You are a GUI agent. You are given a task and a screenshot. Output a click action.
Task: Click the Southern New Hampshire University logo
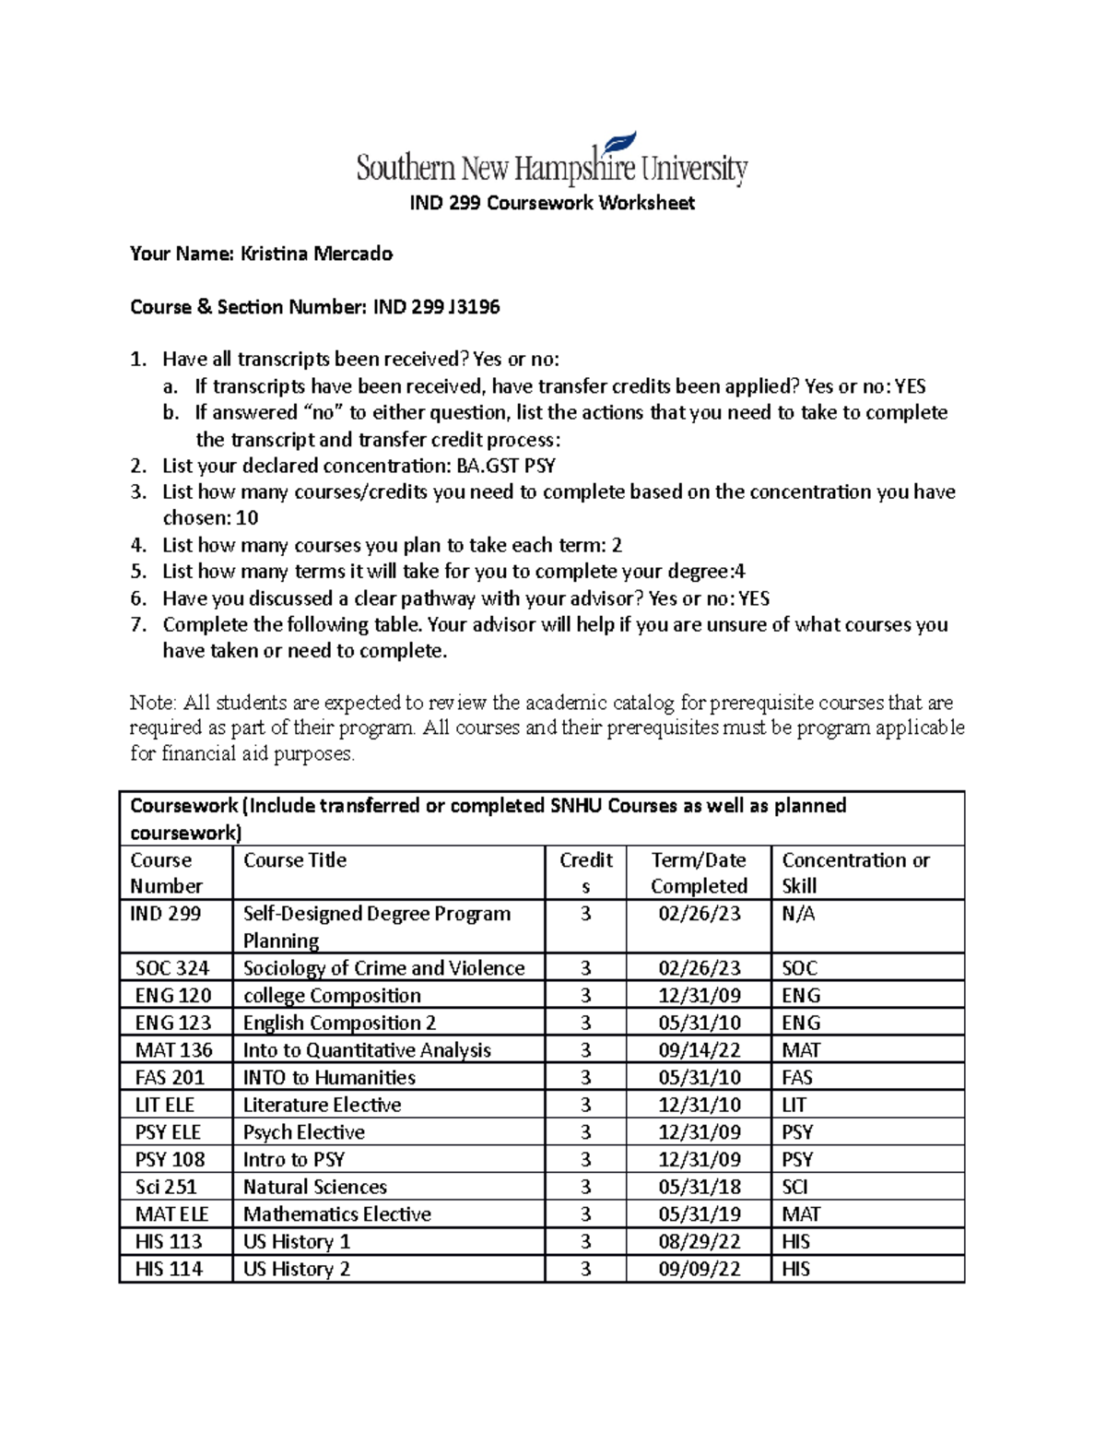point(551,162)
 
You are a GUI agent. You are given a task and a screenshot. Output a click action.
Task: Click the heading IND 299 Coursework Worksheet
point(551,203)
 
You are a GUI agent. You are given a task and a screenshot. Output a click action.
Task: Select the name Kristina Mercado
point(316,254)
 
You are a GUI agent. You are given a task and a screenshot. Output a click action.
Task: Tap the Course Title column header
point(295,860)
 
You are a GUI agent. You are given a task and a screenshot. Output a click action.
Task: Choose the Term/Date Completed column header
point(699,872)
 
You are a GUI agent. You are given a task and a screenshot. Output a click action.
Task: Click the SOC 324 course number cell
point(172,968)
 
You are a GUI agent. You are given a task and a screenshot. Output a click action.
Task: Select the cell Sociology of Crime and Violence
point(383,968)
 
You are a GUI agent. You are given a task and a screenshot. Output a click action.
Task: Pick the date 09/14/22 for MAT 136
point(699,1050)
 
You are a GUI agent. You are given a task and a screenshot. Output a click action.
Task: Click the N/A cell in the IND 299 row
point(798,914)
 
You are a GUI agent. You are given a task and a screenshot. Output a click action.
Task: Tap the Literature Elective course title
point(322,1105)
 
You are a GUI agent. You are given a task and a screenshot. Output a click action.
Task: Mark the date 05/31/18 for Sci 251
point(699,1187)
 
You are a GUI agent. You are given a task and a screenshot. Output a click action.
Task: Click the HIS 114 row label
point(169,1269)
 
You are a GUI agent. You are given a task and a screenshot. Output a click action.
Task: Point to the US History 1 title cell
point(296,1241)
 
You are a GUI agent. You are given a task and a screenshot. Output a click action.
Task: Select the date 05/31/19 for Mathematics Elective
point(699,1214)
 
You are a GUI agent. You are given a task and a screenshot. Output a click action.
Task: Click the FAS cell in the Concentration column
point(797,1077)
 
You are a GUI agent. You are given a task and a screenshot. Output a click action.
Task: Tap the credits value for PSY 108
point(585,1159)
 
